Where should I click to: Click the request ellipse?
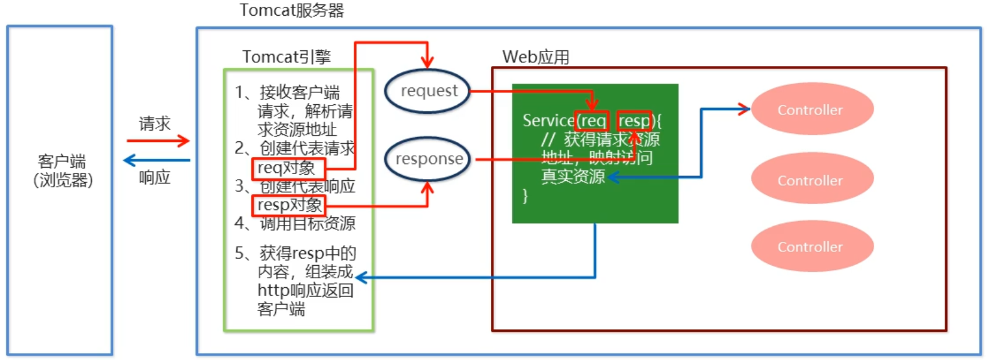pyautogui.click(x=428, y=91)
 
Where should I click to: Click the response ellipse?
pyautogui.click(x=428, y=160)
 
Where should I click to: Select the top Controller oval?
pyautogui.click(x=811, y=110)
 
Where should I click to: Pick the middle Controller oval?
pyautogui.click(x=811, y=180)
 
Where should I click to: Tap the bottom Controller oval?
pyautogui.click(x=811, y=246)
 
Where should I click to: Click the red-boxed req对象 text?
pyautogui.click(x=288, y=168)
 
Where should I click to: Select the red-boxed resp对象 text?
pyautogui.click(x=289, y=205)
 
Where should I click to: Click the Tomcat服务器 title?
pyautogui.click(x=292, y=11)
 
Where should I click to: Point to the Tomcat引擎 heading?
pyautogui.click(x=287, y=57)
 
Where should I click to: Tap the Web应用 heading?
pyautogui.click(x=535, y=57)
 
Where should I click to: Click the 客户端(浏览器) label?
pyautogui.click(x=62, y=171)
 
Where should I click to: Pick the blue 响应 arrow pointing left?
pyautogui.click(x=156, y=160)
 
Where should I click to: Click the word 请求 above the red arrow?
pyautogui.click(x=155, y=124)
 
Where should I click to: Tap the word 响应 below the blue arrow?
pyautogui.click(x=155, y=178)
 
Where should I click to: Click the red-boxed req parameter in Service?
pyautogui.click(x=592, y=121)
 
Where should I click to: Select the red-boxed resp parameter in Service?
pyautogui.click(x=634, y=121)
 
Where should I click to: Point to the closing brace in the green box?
pyautogui.click(x=525, y=196)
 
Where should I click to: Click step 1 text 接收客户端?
pyautogui.click(x=299, y=93)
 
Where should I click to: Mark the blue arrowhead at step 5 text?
pyautogui.click(x=361, y=277)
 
